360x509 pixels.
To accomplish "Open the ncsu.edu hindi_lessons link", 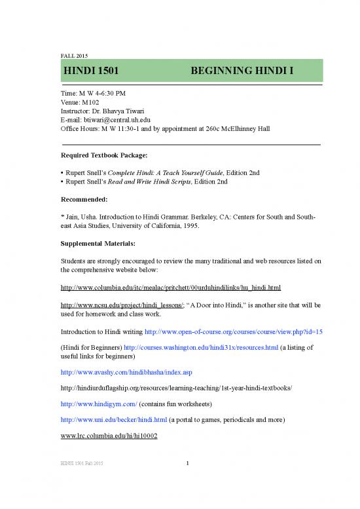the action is tap(109, 306).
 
